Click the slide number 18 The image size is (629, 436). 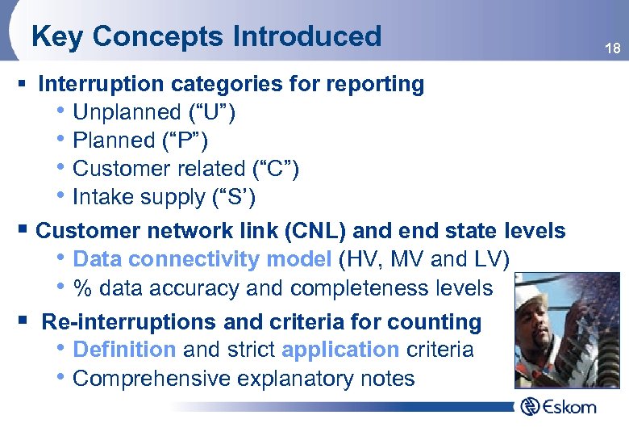[x=613, y=49]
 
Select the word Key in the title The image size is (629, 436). [x=57, y=36]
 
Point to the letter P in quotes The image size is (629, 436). [x=190, y=140]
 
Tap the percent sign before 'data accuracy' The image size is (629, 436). [x=81, y=288]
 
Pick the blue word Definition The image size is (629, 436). [x=124, y=350]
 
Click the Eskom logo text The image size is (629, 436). [x=569, y=406]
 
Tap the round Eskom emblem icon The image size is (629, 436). [x=530, y=405]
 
